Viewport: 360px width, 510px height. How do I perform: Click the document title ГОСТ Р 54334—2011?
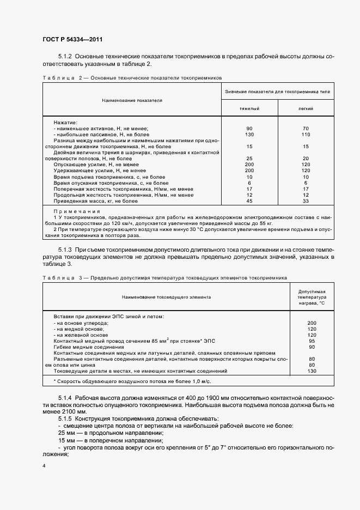pyautogui.click(x=72, y=40)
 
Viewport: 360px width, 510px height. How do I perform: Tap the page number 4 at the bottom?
pyautogui.click(x=44, y=466)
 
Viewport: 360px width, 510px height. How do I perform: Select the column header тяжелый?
pyautogui.click(x=249, y=109)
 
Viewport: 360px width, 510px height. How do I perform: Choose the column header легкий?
pyautogui.click(x=306, y=109)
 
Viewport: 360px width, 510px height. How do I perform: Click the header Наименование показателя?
pyautogui.click(x=131, y=100)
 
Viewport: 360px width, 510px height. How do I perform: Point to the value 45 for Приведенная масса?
pyautogui.click(x=249, y=201)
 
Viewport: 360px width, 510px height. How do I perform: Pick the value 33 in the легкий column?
pyautogui.click(x=306, y=201)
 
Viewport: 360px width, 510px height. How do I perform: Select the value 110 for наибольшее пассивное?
pyautogui.click(x=306, y=135)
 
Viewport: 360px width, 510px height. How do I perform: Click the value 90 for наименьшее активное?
pyautogui.click(x=249, y=129)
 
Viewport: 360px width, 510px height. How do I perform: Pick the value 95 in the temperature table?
pyautogui.click(x=312, y=341)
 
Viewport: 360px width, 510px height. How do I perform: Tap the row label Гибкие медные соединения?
pyautogui.click(x=89, y=347)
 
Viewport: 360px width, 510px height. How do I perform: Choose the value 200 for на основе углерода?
pyautogui.click(x=312, y=323)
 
